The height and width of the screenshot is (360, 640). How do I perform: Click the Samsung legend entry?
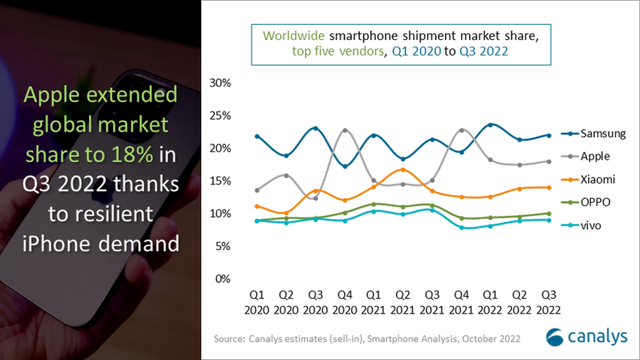pos(594,134)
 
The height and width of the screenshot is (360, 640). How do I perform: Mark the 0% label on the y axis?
pos(221,279)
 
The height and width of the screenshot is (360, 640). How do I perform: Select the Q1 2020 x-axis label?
pos(258,301)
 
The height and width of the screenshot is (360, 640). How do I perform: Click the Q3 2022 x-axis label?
pos(549,301)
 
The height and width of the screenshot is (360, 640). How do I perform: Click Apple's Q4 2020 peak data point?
pos(345,130)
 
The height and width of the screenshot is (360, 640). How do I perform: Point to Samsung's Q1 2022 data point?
pos(491,125)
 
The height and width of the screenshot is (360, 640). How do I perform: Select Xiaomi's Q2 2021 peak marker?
pos(403,169)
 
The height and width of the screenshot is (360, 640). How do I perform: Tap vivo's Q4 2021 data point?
pos(462,227)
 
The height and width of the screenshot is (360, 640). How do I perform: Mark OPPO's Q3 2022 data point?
pos(549,214)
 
